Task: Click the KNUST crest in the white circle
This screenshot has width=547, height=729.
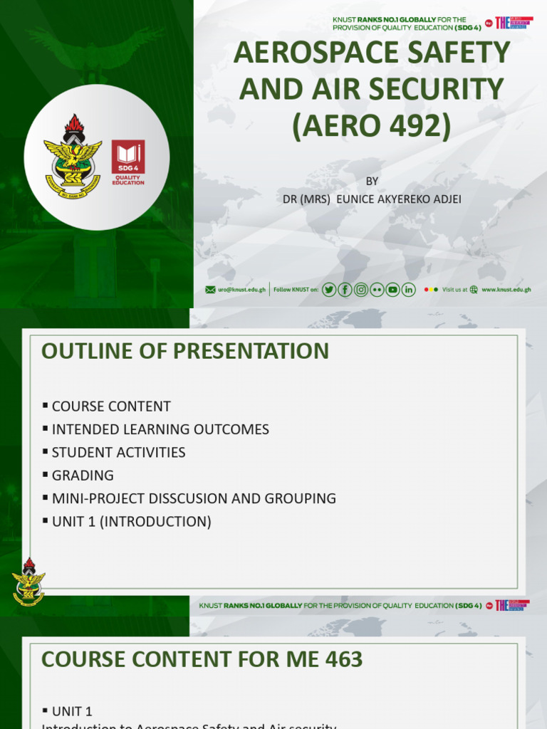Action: pos(72,155)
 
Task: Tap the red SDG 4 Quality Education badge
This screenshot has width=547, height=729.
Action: pos(128,162)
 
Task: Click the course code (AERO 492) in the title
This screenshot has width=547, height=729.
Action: pos(371,125)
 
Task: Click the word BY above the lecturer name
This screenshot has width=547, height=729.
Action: pos(372,181)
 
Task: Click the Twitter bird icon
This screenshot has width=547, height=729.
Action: pos(328,289)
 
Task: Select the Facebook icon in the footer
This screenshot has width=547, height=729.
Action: pos(345,289)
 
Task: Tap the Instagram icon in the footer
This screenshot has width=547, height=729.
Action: pos(361,289)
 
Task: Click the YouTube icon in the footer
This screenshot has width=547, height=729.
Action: pos(392,289)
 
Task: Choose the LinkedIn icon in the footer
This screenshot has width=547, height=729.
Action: pos(408,289)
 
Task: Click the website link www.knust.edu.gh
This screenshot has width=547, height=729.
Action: pos(506,290)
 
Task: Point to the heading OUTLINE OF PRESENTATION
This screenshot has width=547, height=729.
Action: pos(185,351)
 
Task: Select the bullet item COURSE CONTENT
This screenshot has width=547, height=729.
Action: pos(111,407)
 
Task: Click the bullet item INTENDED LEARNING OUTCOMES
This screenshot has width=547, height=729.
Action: pos(160,429)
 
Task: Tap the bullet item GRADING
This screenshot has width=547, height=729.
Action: pos(83,476)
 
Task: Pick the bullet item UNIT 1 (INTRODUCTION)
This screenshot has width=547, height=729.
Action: pos(131,521)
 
